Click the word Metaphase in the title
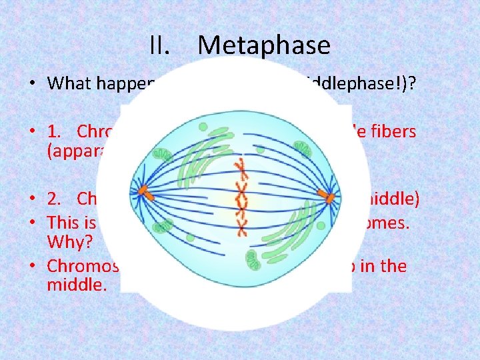tap(264, 45)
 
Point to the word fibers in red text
tap(393, 131)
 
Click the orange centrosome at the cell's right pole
tap(327, 196)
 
